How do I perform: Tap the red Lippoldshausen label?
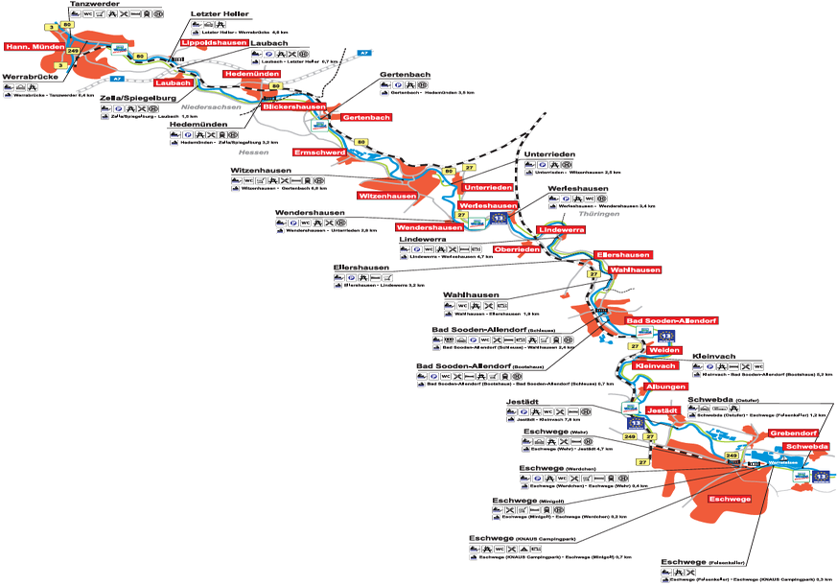point(214,43)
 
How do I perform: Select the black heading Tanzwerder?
point(95,5)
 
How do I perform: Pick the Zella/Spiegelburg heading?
point(140,97)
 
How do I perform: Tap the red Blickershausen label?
point(292,106)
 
